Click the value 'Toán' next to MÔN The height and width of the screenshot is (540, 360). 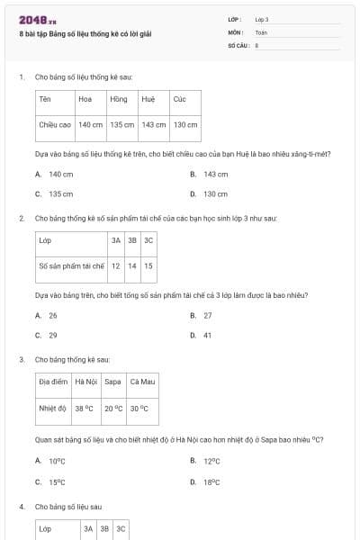(261, 31)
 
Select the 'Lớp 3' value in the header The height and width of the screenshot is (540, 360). (262, 19)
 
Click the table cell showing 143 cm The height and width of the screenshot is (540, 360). (154, 125)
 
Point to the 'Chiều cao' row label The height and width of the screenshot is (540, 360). (55, 125)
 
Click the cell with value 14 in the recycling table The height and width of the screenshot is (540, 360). (132, 265)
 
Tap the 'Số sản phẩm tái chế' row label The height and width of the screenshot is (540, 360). (72, 265)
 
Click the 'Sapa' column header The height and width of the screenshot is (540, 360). (112, 382)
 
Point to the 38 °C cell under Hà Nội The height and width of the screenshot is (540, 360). (84, 408)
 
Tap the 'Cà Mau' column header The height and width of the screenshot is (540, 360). (142, 382)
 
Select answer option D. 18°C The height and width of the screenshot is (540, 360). (211, 481)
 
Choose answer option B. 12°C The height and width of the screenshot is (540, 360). (211, 461)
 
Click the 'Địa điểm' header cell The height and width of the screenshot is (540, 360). (53, 382)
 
